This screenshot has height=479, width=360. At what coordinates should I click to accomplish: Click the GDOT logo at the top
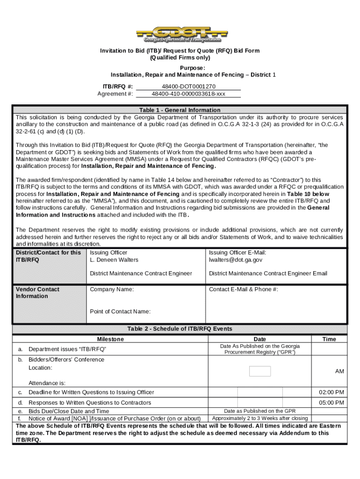(180, 34)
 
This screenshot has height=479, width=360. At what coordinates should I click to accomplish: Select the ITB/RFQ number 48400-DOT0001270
(188, 87)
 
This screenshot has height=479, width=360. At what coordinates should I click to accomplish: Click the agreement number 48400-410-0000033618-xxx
(188, 94)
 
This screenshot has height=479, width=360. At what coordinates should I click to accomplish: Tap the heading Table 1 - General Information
(180, 110)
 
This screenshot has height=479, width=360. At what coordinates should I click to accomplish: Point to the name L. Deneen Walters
(114, 260)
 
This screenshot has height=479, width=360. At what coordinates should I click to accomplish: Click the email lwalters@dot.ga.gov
(236, 260)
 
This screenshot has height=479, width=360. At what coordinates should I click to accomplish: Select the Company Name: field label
(112, 289)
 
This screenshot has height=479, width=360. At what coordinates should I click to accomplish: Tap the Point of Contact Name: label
(120, 311)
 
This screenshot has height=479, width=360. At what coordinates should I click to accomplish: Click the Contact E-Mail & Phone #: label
(243, 289)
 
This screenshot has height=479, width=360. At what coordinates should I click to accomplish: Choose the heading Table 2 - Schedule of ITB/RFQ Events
(180, 329)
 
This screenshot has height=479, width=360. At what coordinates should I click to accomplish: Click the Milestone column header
(110, 339)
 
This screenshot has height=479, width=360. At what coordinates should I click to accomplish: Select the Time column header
(329, 339)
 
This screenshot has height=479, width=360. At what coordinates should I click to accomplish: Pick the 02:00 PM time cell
(331, 392)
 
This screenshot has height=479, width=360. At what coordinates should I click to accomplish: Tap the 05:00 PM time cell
(331, 402)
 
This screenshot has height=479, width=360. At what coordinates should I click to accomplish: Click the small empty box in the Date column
(260, 371)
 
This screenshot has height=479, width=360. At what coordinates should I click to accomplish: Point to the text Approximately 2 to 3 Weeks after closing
(260, 418)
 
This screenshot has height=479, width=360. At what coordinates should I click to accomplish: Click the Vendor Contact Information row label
(38, 292)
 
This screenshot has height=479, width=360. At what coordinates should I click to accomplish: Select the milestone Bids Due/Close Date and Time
(69, 411)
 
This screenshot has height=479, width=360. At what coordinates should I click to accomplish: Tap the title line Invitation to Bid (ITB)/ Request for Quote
(180, 51)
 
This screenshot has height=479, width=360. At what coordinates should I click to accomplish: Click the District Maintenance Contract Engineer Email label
(268, 273)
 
